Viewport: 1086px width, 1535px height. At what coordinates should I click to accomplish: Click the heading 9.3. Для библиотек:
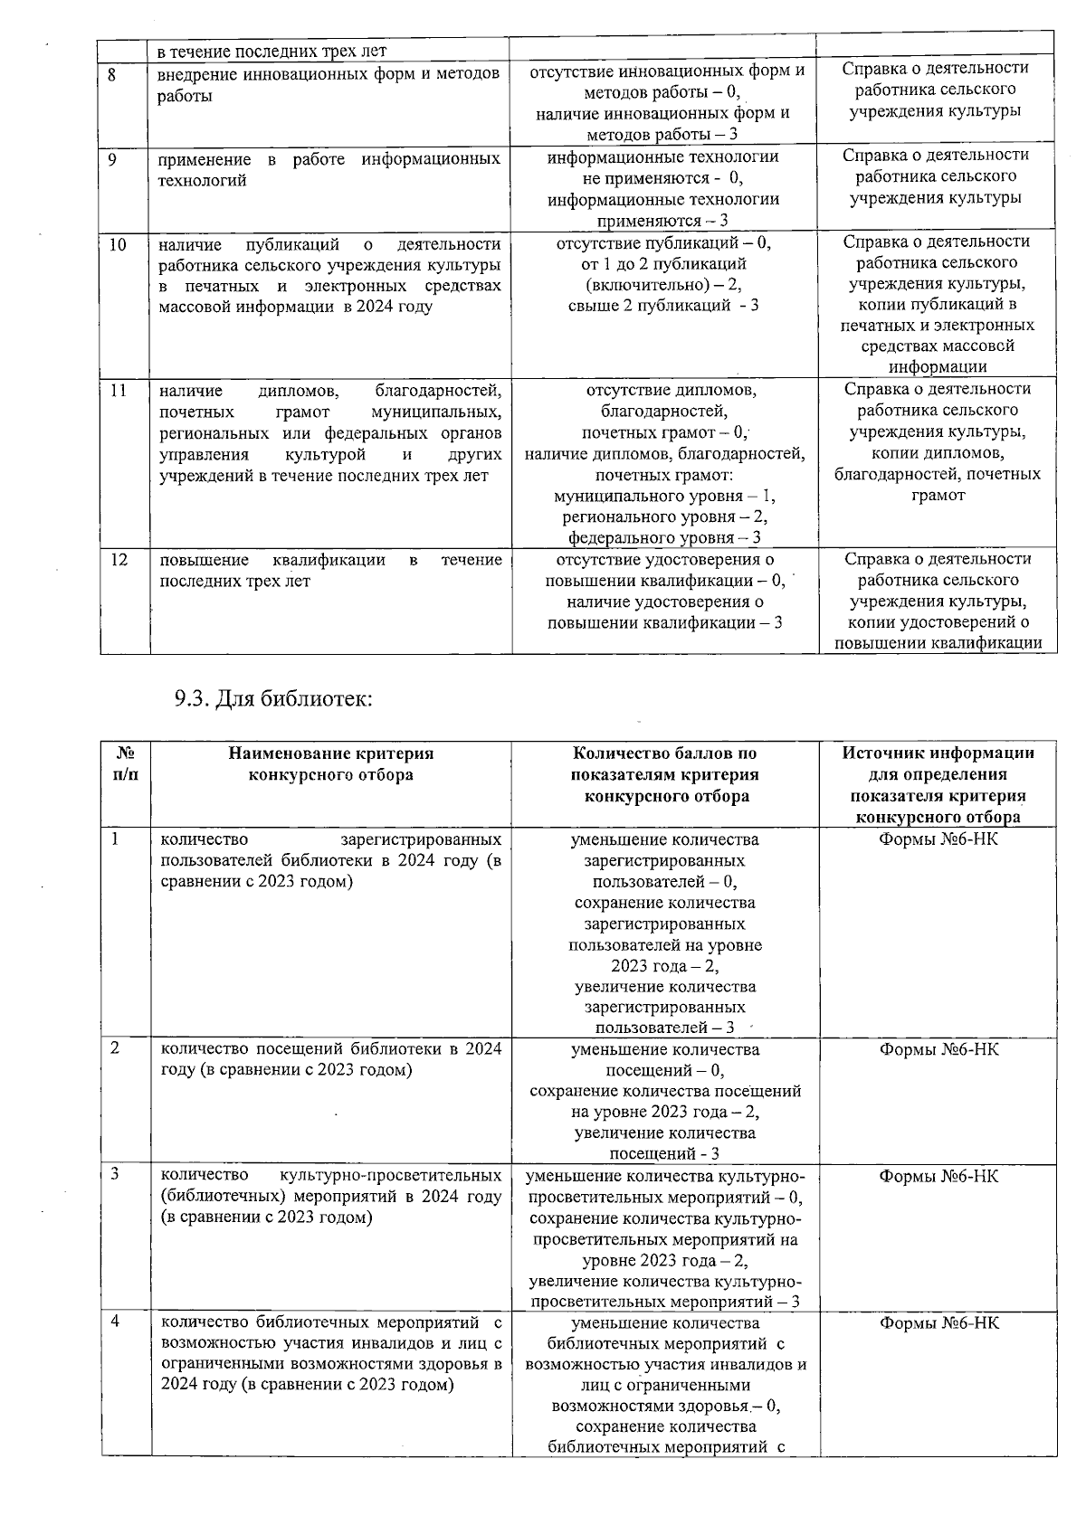(x=273, y=698)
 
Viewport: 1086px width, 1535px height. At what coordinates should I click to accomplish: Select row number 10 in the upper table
(x=118, y=244)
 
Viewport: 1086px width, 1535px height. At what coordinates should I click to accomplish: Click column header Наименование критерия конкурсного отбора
(x=330, y=763)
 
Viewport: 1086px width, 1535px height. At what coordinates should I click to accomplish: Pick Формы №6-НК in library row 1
(x=938, y=839)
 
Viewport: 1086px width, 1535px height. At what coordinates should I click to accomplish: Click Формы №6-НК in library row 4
(x=938, y=1322)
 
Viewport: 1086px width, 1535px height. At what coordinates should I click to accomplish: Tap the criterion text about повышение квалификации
(x=330, y=570)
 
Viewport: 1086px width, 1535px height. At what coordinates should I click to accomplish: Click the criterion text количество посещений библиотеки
(x=330, y=1059)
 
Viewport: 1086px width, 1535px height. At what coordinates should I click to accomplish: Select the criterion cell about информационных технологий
(x=330, y=169)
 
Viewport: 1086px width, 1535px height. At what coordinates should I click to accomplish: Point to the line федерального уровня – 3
(x=664, y=538)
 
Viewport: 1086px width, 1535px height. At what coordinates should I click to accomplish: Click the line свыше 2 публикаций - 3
(x=663, y=305)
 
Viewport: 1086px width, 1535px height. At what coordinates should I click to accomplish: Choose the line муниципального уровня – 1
(x=664, y=496)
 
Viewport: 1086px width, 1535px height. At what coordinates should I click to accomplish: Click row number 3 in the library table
(x=115, y=1174)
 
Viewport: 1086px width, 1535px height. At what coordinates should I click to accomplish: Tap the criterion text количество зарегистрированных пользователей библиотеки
(x=330, y=859)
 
